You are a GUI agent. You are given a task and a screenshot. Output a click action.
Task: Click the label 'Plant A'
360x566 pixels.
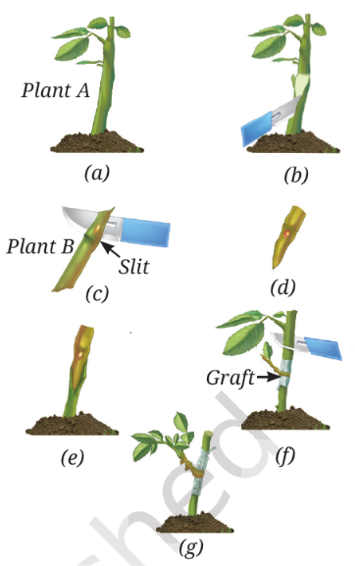(55, 90)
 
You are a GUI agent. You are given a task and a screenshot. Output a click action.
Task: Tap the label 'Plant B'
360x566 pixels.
(40, 246)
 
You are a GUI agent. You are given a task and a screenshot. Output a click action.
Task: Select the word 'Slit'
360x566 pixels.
(134, 267)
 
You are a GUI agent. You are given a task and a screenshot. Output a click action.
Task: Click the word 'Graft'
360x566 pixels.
(230, 378)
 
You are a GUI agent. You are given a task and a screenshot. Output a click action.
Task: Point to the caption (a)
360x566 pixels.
(96, 174)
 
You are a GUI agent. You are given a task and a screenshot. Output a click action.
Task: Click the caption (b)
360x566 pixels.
(296, 176)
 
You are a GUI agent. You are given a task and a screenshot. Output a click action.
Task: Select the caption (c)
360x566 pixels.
(97, 293)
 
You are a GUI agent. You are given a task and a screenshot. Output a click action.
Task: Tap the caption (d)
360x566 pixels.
(283, 287)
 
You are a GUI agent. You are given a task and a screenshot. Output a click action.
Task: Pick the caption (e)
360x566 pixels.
(73, 458)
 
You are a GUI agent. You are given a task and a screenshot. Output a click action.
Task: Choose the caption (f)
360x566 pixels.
(284, 456)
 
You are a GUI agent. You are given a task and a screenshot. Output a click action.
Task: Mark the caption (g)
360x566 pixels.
(190, 547)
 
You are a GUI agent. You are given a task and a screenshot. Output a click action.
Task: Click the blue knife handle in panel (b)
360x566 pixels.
(257, 128)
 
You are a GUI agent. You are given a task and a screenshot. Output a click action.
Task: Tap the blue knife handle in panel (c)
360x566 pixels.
(145, 232)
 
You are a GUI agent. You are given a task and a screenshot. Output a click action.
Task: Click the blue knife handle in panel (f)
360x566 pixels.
(323, 348)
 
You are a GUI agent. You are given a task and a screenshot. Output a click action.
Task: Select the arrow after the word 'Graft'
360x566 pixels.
(268, 378)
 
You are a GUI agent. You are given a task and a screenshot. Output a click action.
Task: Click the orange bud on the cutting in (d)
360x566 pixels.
(286, 233)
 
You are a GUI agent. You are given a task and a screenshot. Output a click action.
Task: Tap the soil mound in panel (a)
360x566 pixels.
(97, 141)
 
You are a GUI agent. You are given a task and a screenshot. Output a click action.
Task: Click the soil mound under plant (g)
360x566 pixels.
(195, 524)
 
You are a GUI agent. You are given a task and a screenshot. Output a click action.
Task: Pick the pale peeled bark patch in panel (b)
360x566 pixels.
(300, 82)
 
